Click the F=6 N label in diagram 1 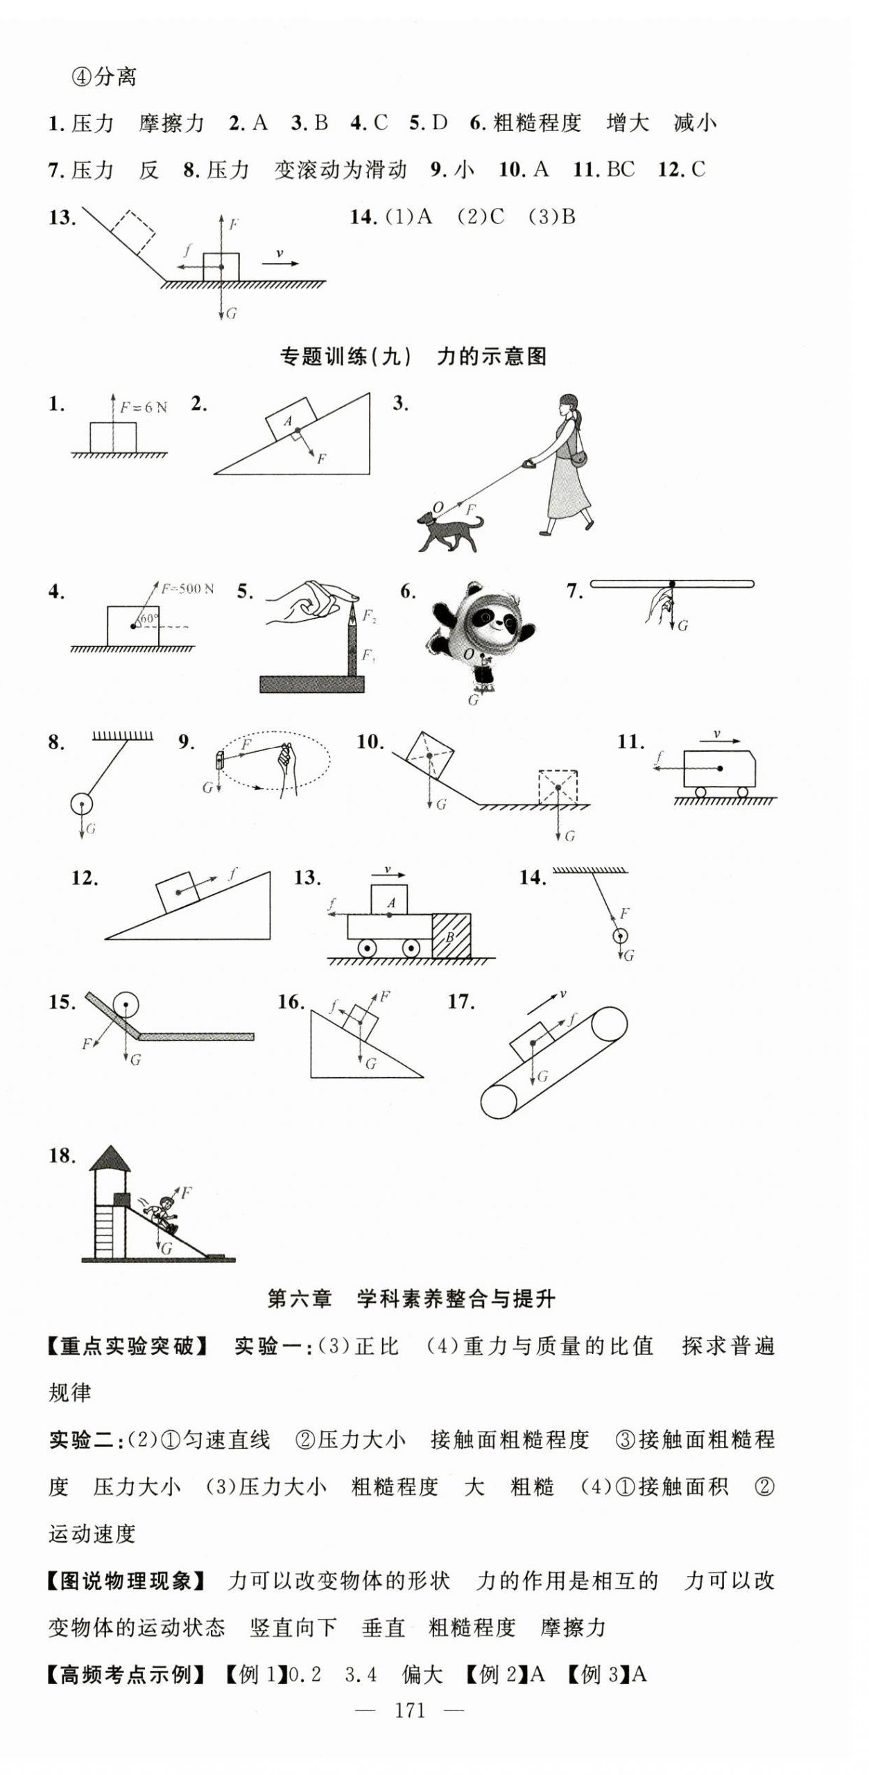[144, 408]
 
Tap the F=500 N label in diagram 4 [187, 589]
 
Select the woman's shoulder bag [578, 459]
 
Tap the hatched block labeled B [451, 936]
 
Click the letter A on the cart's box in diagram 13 [391, 903]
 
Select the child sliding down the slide [161, 1213]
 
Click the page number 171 [410, 1710]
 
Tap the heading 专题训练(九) [345, 357]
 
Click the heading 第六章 [300, 1298]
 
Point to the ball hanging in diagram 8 [81, 805]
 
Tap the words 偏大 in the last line [422, 1674]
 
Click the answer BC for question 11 [621, 169]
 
